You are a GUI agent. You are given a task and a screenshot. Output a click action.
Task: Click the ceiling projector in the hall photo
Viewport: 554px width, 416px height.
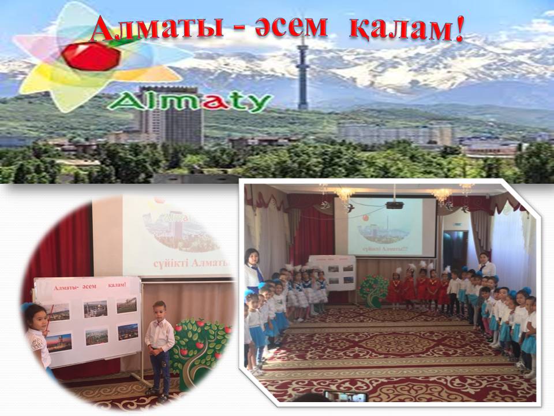click(394, 205)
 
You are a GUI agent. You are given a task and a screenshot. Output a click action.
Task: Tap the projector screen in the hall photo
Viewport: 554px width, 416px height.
click(392, 226)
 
